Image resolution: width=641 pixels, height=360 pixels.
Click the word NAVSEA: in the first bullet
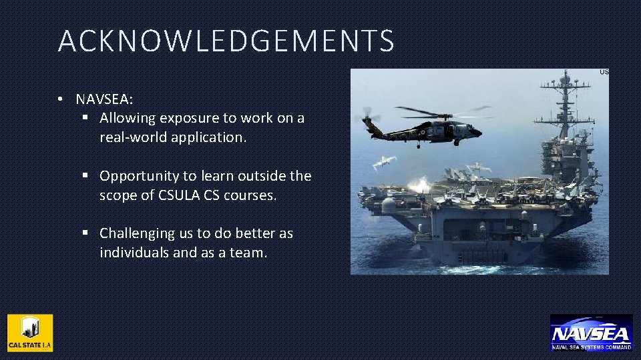click(x=104, y=99)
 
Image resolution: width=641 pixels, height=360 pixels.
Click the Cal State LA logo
click(x=30, y=333)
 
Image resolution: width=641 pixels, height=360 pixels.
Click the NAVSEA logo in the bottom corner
click(x=591, y=332)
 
